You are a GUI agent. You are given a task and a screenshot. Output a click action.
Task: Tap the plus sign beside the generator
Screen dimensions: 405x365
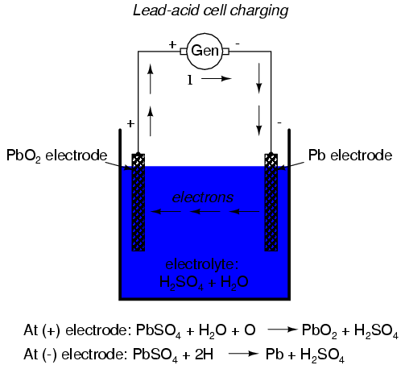pyautogui.click(x=172, y=44)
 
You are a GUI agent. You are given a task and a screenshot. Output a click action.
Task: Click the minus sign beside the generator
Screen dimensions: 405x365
pyautogui.click(x=238, y=44)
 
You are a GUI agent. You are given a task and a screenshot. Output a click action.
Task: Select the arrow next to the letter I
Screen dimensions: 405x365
pyautogui.click(x=217, y=78)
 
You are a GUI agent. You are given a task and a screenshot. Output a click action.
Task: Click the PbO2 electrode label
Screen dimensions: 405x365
pyautogui.click(x=56, y=156)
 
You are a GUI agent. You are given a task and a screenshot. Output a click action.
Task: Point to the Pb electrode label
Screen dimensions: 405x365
pyautogui.click(x=350, y=156)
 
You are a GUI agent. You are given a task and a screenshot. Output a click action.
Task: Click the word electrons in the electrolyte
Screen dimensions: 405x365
pyautogui.click(x=203, y=197)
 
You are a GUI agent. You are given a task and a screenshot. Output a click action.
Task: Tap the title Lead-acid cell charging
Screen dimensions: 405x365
pyautogui.click(x=210, y=11)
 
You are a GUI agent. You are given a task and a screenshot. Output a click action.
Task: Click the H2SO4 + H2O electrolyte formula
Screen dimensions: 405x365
pyautogui.click(x=204, y=283)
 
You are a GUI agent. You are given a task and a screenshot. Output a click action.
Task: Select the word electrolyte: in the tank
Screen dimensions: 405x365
pyautogui.click(x=202, y=264)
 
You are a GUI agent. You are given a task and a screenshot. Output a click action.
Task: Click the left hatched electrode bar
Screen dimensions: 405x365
pyautogui.click(x=138, y=202)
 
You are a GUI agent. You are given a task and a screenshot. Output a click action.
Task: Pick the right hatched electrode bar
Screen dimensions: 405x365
pyautogui.click(x=271, y=202)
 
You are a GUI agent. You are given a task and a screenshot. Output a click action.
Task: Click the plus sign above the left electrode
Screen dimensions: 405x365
pyautogui.click(x=130, y=123)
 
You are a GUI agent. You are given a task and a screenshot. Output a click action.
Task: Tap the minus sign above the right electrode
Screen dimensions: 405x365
pyautogui.click(x=279, y=122)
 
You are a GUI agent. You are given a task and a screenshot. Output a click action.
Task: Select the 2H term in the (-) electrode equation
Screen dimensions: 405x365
pyautogui.click(x=204, y=355)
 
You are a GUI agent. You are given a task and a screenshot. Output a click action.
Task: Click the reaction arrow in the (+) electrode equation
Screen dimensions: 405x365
pyautogui.click(x=283, y=330)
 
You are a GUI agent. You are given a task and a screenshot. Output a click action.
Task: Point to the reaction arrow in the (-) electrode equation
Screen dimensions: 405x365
pyautogui.click(x=243, y=354)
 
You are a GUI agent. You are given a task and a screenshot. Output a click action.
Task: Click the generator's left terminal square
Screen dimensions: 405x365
pyautogui.click(x=184, y=51)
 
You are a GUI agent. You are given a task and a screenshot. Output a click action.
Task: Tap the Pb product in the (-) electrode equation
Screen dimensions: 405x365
pyautogui.click(x=275, y=355)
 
